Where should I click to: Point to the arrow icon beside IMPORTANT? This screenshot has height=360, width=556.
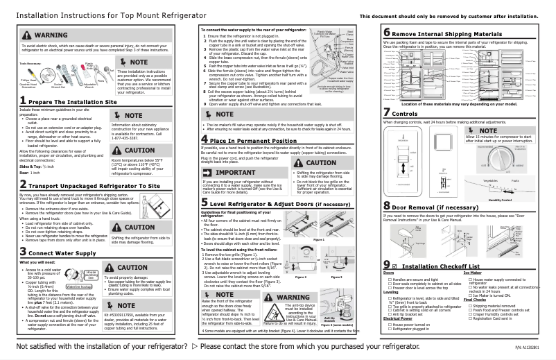point(209,171)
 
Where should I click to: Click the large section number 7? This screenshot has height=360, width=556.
point(386,132)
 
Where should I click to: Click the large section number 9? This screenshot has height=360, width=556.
point(386,286)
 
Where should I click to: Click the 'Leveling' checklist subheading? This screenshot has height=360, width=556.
point(392,311)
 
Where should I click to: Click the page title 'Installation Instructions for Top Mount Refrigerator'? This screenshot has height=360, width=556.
point(101,15)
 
